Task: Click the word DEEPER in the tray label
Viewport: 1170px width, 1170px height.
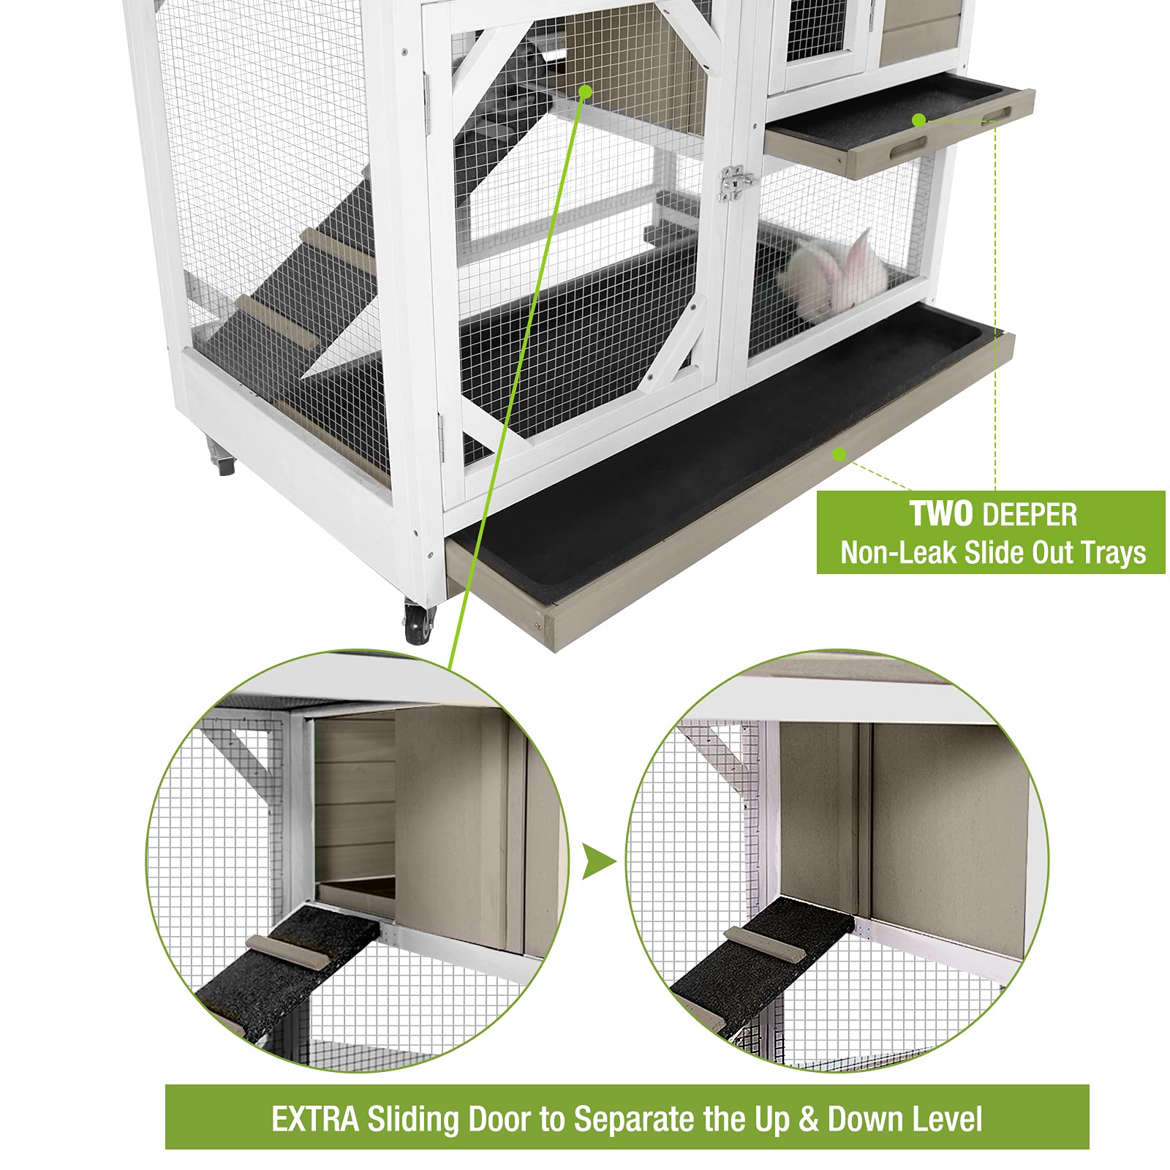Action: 1030,516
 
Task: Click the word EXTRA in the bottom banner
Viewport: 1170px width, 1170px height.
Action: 315,1120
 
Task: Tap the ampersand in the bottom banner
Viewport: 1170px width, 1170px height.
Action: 808,1120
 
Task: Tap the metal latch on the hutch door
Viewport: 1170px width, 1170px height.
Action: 735,182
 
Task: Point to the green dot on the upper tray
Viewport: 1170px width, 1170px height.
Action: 919,120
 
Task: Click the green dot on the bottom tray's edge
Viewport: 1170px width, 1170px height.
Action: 839,454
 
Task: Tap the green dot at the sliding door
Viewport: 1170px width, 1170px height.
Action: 585,92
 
